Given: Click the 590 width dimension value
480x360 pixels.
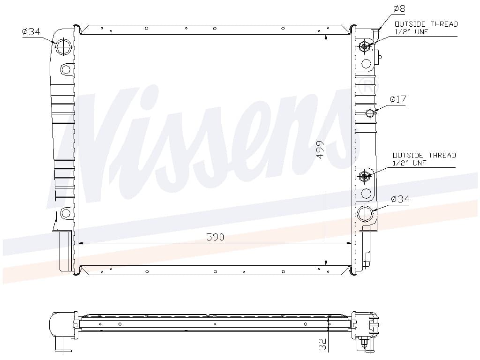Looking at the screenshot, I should pyautogui.click(x=215, y=238).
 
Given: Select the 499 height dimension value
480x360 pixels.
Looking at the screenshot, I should pyautogui.click(x=320, y=149).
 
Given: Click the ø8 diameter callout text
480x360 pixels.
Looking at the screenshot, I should pyautogui.click(x=399, y=8).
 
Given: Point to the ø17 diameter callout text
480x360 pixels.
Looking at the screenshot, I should pyautogui.click(x=398, y=99).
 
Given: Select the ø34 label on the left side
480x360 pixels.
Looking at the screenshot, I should pyautogui.click(x=31, y=32).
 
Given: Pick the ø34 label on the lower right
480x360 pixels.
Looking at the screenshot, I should pyautogui.click(x=400, y=199).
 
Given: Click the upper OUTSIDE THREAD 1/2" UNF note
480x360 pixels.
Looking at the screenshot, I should pyautogui.click(x=426, y=28).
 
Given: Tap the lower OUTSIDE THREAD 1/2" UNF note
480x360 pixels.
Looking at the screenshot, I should pyautogui.click(x=424, y=159).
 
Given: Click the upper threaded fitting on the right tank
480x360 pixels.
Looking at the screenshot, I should pyautogui.click(x=364, y=46).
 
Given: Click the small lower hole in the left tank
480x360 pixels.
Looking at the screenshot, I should pyautogui.click(x=66, y=214).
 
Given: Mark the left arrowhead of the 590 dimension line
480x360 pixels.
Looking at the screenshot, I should pyautogui.click(x=80, y=243).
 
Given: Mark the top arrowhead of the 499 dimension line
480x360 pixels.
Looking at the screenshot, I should pyautogui.click(x=326, y=37).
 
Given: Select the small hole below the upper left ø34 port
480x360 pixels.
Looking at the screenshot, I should pyautogui.click(x=66, y=70).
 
